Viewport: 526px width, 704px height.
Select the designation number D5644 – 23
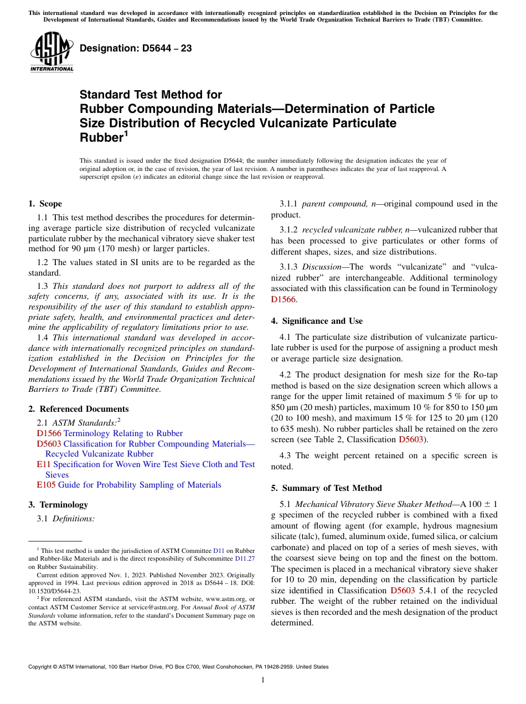coord(136,48)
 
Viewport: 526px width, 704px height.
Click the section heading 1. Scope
coord(45,204)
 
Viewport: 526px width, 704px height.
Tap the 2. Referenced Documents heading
coord(78,409)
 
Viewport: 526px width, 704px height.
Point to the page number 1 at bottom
coord(263,680)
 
